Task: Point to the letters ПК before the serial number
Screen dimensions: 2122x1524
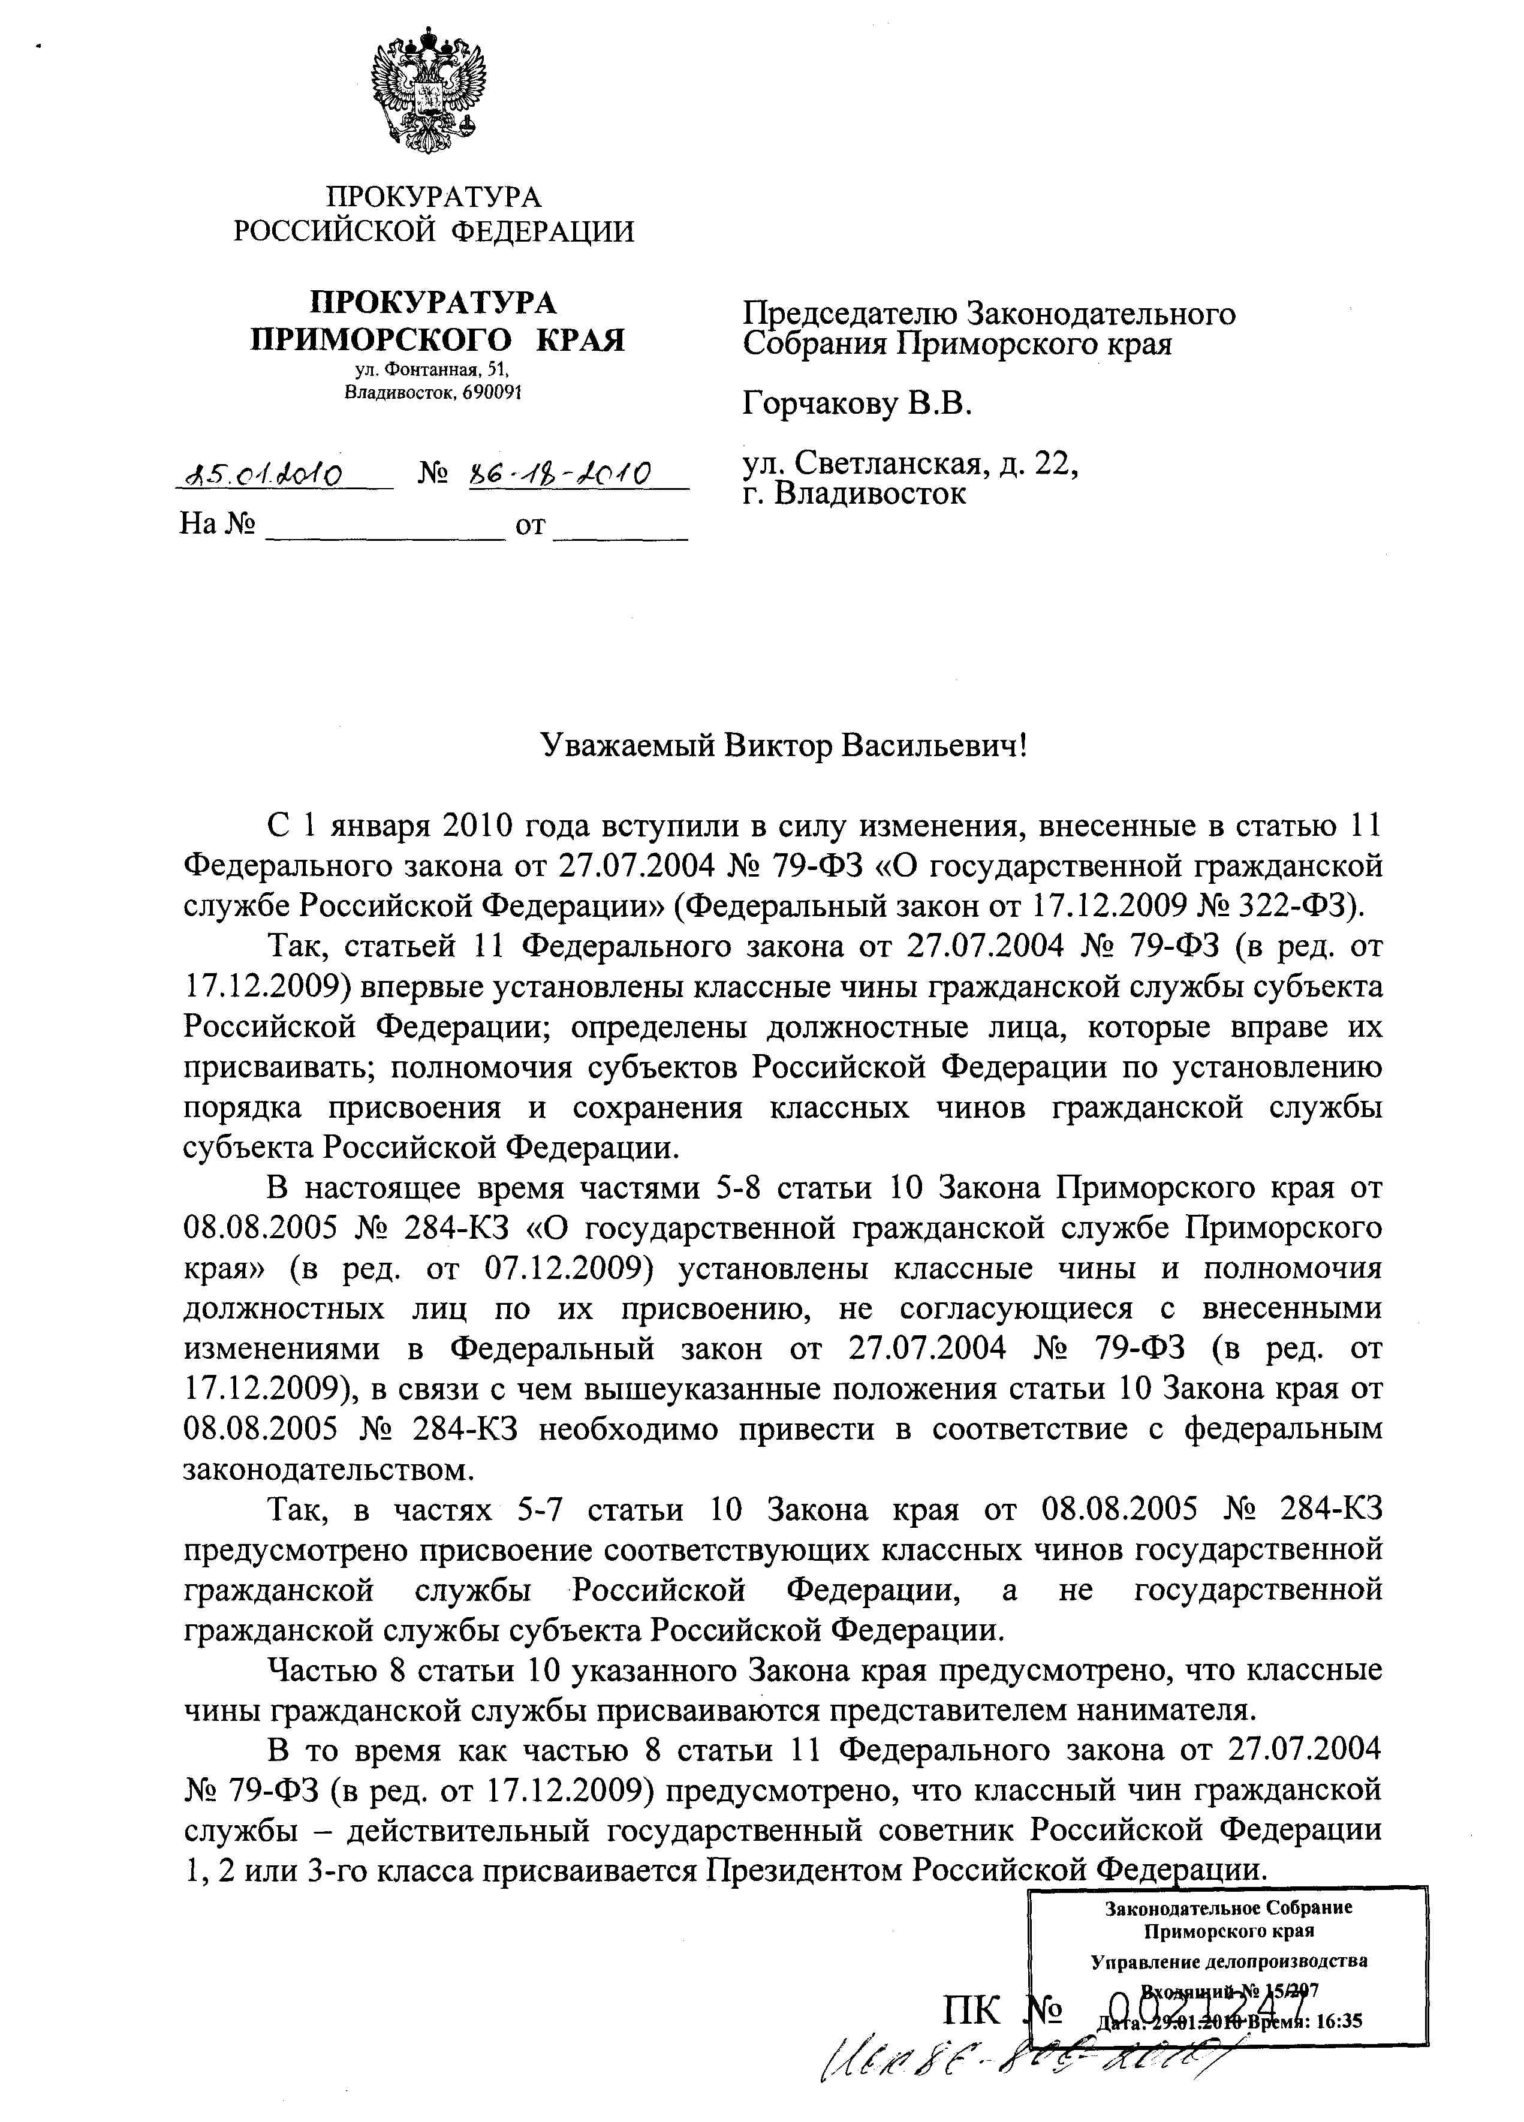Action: pyautogui.click(x=973, y=2010)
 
